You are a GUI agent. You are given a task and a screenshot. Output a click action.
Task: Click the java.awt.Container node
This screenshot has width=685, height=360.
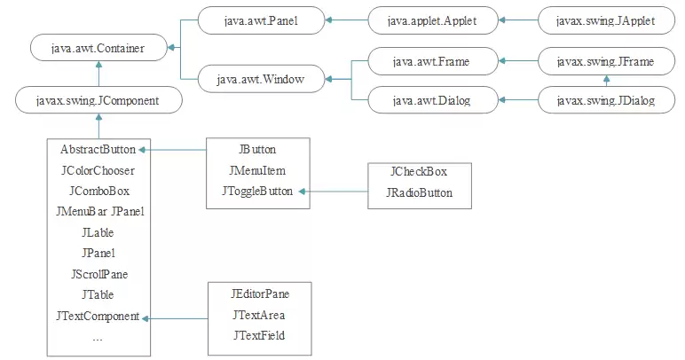pos(98,48)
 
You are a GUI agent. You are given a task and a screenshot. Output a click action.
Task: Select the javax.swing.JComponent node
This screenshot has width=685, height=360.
pos(98,100)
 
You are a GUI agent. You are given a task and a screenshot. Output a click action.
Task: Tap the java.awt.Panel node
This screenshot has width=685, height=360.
pos(261,20)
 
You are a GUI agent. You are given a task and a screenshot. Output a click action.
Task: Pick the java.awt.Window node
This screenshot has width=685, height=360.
pos(261,79)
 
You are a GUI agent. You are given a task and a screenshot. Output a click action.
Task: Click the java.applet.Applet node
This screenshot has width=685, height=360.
pos(433,20)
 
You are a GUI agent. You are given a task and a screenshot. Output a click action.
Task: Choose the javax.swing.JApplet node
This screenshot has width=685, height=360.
pos(606,20)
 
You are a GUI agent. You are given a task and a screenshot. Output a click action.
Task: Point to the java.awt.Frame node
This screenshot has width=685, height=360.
pos(433,61)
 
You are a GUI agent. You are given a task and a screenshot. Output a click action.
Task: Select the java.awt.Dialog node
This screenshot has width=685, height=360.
pos(433,100)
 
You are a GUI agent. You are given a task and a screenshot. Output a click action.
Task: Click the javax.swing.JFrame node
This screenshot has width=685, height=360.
pos(606,61)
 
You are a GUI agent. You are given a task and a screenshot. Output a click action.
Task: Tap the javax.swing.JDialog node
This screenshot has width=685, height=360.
pos(606,100)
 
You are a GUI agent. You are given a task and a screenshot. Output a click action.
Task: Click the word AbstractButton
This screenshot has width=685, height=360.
pos(98,150)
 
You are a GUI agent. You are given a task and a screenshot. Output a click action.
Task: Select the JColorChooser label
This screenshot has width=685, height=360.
pos(98,170)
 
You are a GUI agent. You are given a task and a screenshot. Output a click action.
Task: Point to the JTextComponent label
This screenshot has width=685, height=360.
pos(98,316)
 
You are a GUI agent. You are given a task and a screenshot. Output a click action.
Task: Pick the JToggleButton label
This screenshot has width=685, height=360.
pos(257,192)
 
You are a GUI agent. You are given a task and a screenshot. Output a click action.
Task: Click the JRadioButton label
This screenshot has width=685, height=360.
pos(420,192)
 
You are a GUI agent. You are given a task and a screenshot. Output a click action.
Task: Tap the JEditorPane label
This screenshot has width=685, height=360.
pos(260,293)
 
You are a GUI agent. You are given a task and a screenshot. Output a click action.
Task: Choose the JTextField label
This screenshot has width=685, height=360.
pos(259,335)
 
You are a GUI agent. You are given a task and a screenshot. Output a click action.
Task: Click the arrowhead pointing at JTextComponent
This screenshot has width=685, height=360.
pos(146,318)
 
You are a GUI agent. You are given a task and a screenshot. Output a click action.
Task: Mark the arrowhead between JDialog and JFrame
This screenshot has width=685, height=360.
pos(606,79)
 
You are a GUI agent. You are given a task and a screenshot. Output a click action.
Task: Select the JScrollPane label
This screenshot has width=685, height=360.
pos(99,274)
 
